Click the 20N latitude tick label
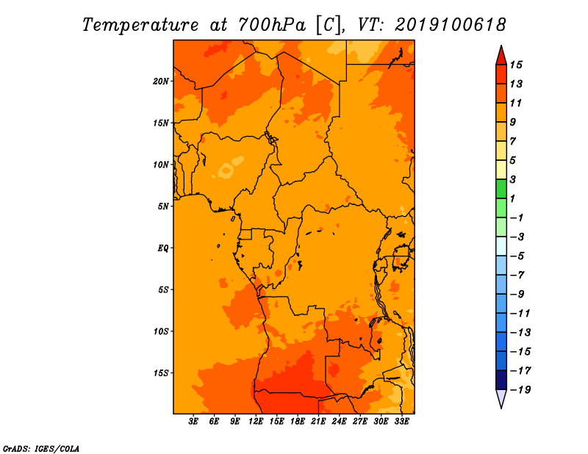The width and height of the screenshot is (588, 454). coord(161,82)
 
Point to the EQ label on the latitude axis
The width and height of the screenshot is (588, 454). coord(163,248)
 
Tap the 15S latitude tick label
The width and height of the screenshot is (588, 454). coord(161,373)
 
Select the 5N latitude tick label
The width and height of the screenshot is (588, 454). coord(163,206)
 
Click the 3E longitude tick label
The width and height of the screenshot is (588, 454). coord(193,422)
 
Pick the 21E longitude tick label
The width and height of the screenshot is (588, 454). coord(318,422)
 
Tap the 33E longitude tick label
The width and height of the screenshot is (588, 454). coord(401,422)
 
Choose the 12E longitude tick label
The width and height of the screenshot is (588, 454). coord(256,422)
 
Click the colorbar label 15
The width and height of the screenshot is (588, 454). coord(516,65)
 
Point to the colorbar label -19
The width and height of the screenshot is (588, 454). coord(520,390)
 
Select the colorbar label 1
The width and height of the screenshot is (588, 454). coord(512,198)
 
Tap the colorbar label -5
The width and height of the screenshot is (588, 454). coord(517,256)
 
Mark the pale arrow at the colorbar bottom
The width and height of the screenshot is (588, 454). coord(501,398)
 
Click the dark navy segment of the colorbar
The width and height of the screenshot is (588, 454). coord(501,380)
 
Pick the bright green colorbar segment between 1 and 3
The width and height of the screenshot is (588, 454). coord(501,189)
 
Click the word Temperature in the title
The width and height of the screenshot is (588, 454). coord(140,25)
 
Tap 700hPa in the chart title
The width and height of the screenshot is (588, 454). coord(272,25)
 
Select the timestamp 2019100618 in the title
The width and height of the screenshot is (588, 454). coord(451,25)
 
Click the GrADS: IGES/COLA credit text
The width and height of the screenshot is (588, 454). coord(41,449)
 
